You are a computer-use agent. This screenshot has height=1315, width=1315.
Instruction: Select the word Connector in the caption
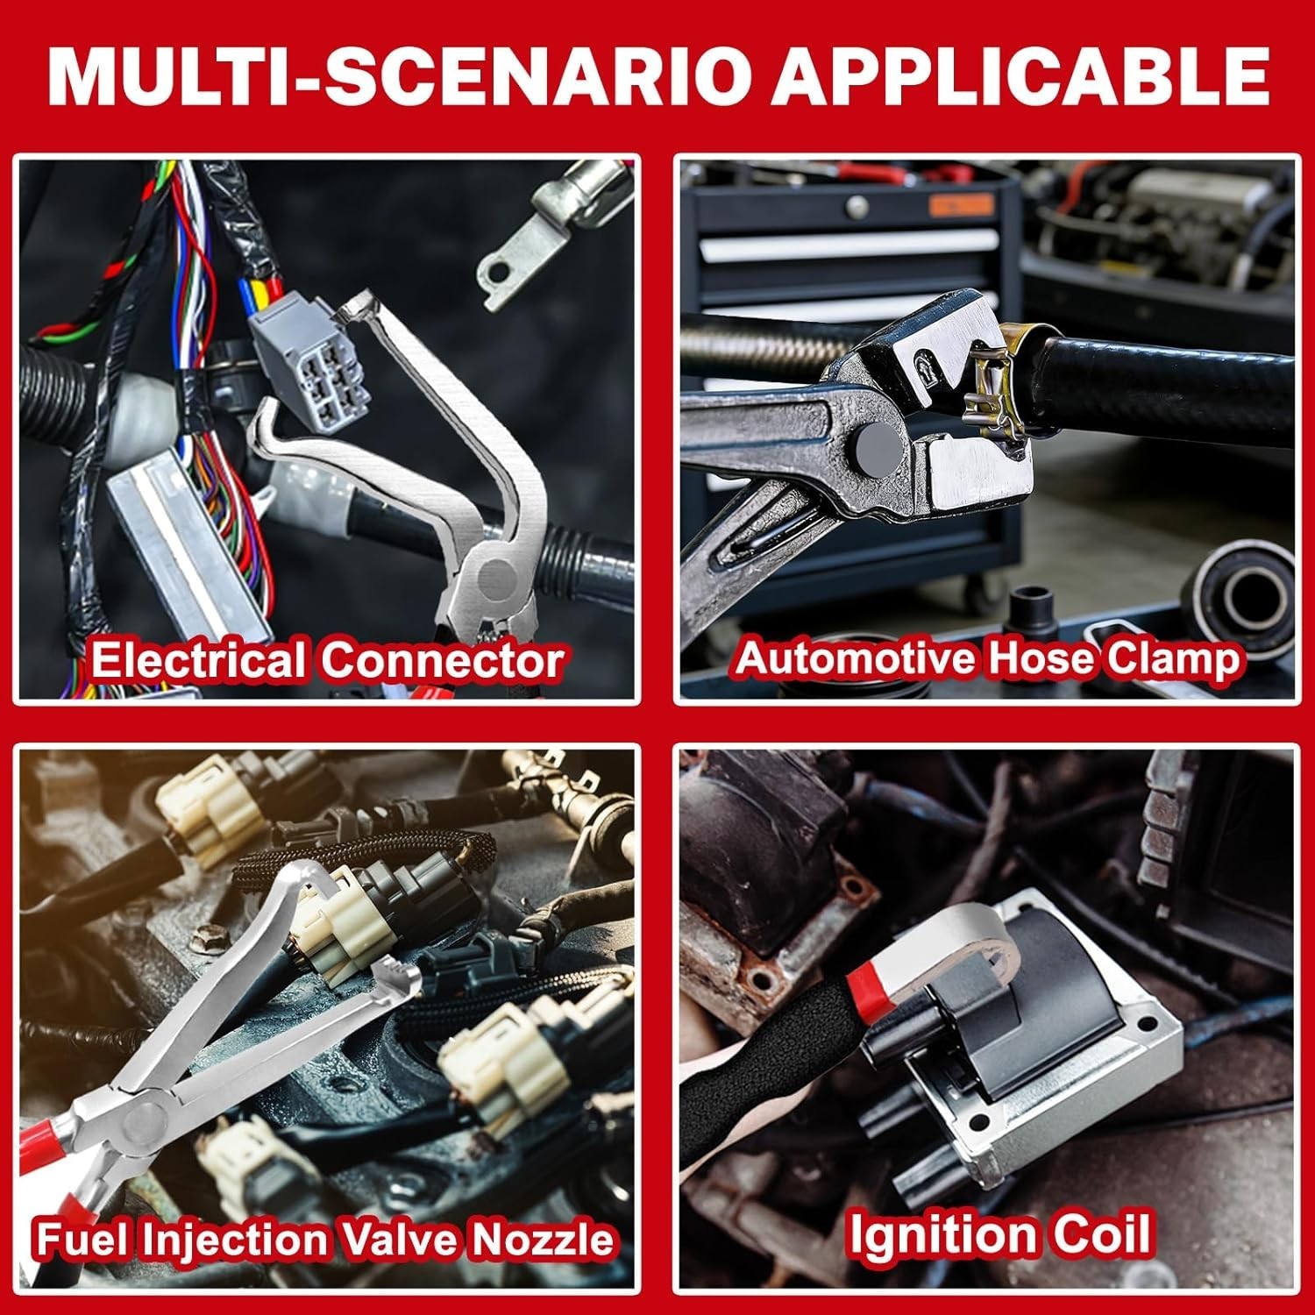click(x=441, y=660)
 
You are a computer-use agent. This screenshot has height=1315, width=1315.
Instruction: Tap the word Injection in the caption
click(x=236, y=1238)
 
